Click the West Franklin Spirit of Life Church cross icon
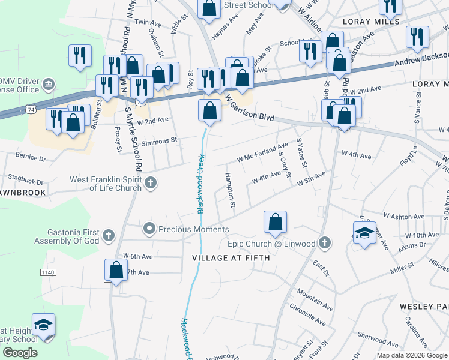pos(150,182)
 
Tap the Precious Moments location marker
pos(149,229)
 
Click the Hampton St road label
pos(230,191)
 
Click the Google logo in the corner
pos(19,353)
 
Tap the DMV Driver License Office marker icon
pos(50,83)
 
